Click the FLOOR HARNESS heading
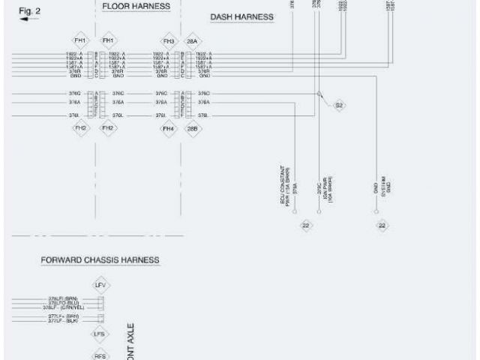[x=136, y=6]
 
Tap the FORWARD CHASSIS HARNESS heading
[x=100, y=259]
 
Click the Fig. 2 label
[x=28, y=10]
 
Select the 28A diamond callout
[x=192, y=40]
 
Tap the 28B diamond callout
[x=192, y=128]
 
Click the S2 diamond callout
[x=339, y=106]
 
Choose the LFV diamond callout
[x=100, y=285]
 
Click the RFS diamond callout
[x=100, y=355]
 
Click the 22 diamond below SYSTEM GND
[x=382, y=225]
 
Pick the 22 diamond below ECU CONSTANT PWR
[x=306, y=225]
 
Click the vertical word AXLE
[x=130, y=341]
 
